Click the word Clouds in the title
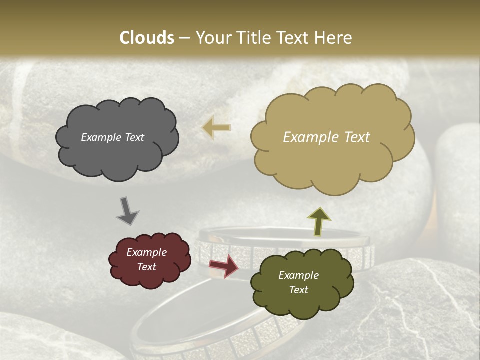tap(147, 38)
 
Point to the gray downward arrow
tap(127, 210)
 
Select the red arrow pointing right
tap(223, 266)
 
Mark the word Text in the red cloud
tap(147, 267)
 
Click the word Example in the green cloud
tap(298, 275)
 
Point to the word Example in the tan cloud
tap(306, 137)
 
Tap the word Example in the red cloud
tap(147, 252)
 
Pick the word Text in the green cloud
tap(298, 290)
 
